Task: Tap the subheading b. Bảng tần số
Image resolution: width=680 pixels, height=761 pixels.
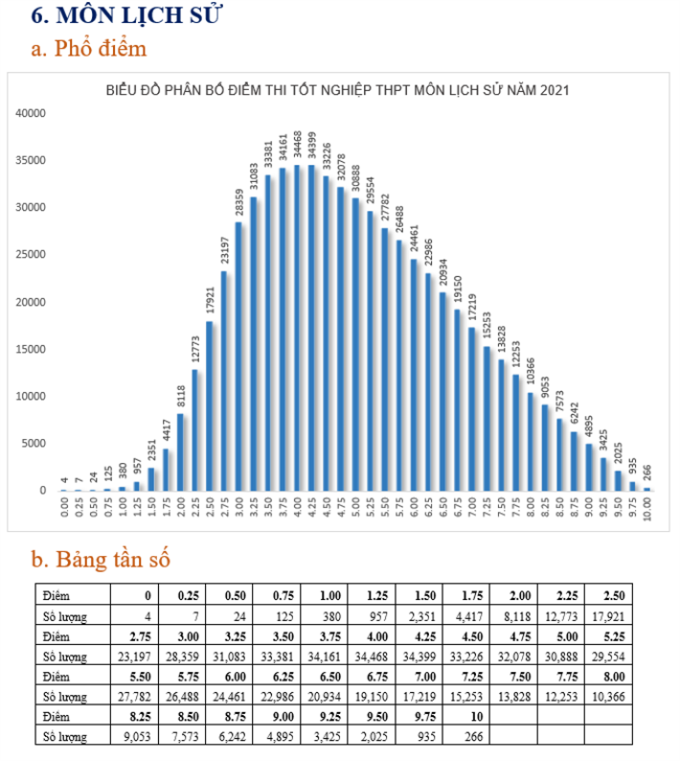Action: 101,558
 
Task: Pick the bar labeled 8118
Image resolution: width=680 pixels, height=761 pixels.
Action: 180,451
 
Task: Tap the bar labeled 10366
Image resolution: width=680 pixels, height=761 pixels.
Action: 532,441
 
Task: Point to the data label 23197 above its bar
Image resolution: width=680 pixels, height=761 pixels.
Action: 224,251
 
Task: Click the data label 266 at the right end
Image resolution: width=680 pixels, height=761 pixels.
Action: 647,473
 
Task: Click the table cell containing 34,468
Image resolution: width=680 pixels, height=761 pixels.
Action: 374,657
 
